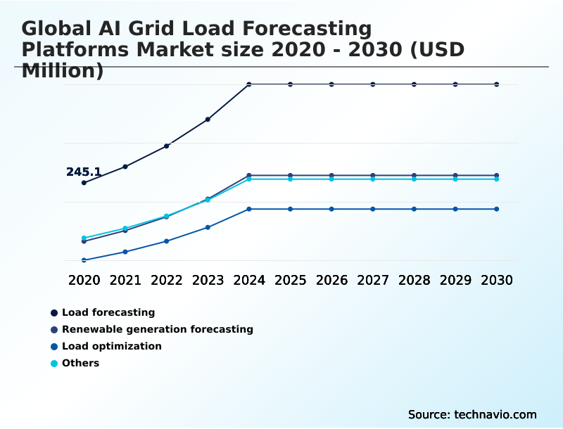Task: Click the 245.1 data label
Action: [x=84, y=172]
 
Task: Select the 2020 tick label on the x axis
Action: [x=84, y=280]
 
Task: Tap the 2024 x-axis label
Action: [x=249, y=280]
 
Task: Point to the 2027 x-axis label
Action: [x=373, y=280]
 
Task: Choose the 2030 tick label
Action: [x=497, y=280]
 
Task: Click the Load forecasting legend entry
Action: [x=108, y=312]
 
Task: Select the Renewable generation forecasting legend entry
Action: [x=157, y=329]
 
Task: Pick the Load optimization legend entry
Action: [x=111, y=346]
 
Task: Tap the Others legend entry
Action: [x=80, y=363]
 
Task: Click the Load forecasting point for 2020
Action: [x=84, y=183]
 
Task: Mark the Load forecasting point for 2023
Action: [x=208, y=120]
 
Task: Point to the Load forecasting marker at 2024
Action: [x=249, y=84]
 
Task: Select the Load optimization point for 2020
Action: [x=84, y=260]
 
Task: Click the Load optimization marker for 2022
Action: [x=167, y=241]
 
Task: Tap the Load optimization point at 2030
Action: [x=497, y=209]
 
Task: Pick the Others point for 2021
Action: [x=125, y=229]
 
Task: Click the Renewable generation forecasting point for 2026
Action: [x=331, y=175]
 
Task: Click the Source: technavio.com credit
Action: [x=472, y=414]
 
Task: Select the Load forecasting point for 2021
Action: [x=125, y=167]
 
